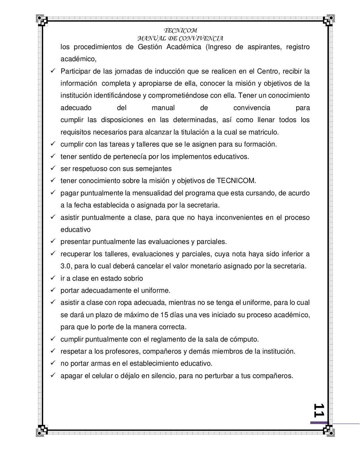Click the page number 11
coord(319,410)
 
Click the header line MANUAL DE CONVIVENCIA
coord(180,39)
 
